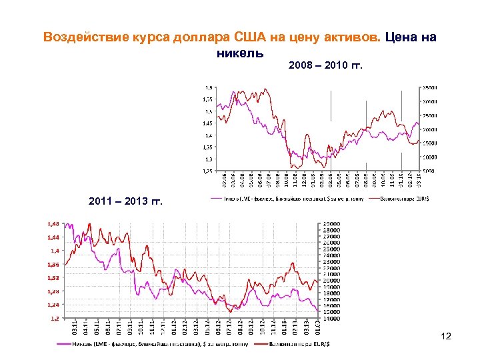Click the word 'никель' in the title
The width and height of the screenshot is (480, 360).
(240, 52)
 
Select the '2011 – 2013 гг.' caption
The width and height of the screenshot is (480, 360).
(125, 201)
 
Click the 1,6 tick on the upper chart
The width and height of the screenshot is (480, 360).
(209, 87)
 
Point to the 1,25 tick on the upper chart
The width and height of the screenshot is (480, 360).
(209, 171)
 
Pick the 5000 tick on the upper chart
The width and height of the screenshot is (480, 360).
(427, 171)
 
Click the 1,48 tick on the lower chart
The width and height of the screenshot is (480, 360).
(53, 223)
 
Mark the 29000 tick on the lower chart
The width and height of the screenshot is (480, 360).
(331, 224)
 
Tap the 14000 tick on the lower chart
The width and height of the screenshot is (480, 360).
(331, 319)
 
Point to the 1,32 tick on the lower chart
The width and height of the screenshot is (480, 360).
(53, 277)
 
